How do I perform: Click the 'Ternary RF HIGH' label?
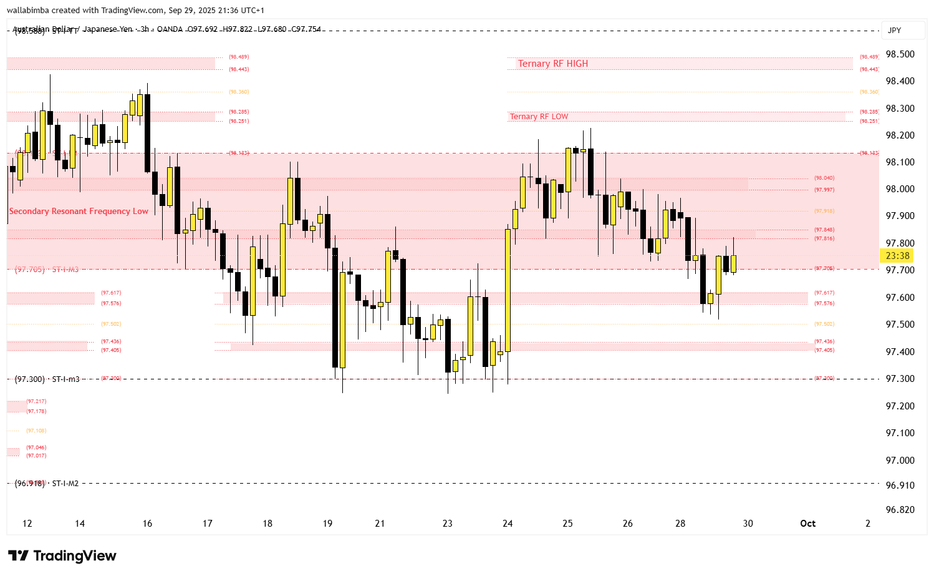click(x=552, y=64)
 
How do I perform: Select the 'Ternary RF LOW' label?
click(x=539, y=117)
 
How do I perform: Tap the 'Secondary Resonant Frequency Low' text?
click(x=79, y=212)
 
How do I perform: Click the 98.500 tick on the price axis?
click(x=900, y=54)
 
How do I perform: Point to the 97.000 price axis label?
click(x=900, y=461)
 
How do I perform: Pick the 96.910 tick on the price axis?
click(x=900, y=486)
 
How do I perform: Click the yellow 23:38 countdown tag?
click(x=897, y=256)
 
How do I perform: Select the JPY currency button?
click(x=894, y=31)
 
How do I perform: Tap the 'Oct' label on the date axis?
click(x=807, y=524)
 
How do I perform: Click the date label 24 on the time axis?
click(x=508, y=524)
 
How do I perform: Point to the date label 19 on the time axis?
click(x=327, y=524)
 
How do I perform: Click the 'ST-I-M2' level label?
click(x=65, y=484)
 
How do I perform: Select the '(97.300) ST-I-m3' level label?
click(x=47, y=379)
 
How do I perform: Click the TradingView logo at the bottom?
click(x=62, y=555)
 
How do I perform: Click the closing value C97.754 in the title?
click(x=306, y=29)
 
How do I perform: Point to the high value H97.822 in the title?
click(x=238, y=29)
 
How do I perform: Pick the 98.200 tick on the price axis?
click(x=900, y=135)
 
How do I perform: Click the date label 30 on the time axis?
click(x=748, y=524)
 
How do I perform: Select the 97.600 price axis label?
click(x=900, y=298)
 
